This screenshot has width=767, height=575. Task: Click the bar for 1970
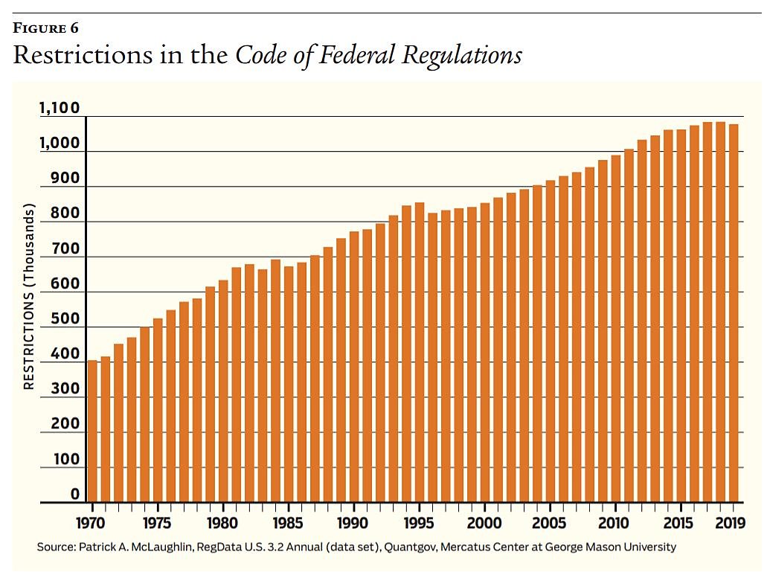coord(92,431)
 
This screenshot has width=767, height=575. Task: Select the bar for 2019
coord(734,313)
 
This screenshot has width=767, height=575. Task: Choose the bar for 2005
coord(551,341)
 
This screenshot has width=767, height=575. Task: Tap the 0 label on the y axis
coord(75,495)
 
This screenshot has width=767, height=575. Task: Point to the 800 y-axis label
coord(65,214)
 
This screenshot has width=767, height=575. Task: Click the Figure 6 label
coord(45,29)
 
